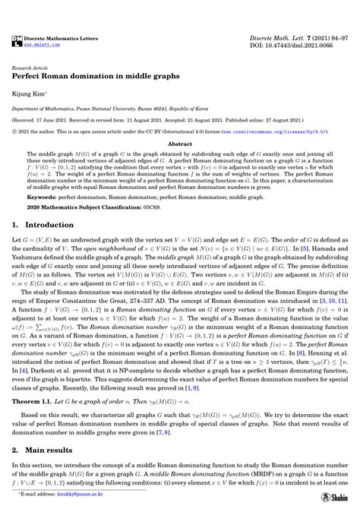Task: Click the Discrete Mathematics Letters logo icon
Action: (17, 39)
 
